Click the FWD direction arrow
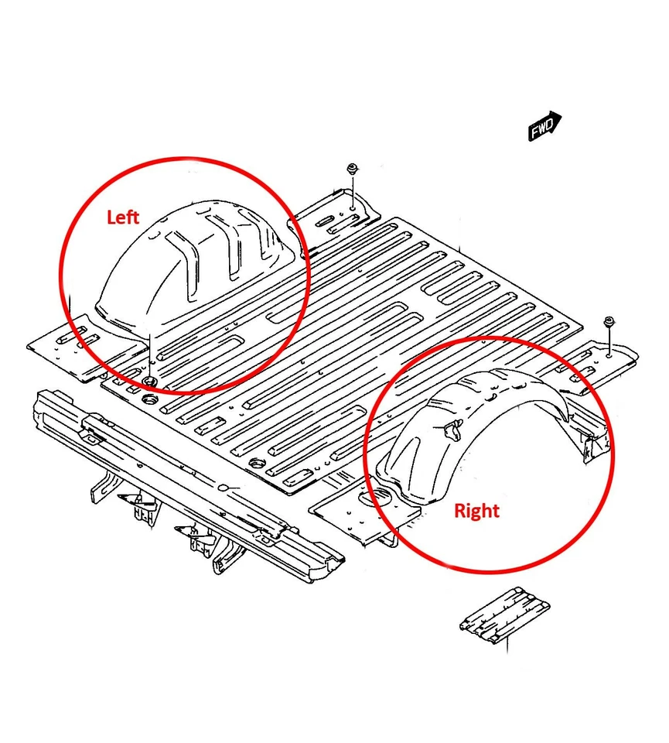[x=545, y=126]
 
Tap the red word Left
[x=122, y=217]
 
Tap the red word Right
[x=476, y=511]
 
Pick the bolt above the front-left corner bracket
[x=352, y=169]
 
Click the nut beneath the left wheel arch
[x=148, y=382]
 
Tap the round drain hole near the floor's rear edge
[x=254, y=463]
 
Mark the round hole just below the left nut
[x=150, y=399]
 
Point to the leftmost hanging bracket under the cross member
[x=104, y=488]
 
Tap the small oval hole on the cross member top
[x=224, y=488]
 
